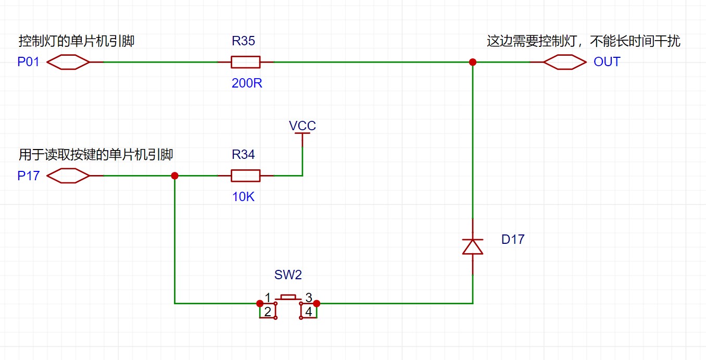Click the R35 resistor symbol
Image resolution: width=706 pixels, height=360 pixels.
245,62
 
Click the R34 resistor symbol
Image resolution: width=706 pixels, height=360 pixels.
245,176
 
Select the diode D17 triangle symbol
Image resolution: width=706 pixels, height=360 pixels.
473,246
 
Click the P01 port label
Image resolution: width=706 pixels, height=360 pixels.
29,62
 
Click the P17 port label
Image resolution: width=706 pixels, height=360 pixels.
29,176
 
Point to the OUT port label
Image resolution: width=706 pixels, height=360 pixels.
607,62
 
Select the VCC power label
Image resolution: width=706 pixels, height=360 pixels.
302,126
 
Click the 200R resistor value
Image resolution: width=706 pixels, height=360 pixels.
247,83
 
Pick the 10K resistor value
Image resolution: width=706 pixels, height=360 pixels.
243,197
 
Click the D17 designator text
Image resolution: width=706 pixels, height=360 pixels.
513,240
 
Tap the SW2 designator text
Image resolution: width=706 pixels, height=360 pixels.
288,275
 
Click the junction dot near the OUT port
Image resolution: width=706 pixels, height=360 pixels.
473,62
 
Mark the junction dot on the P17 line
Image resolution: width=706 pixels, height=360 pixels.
175,176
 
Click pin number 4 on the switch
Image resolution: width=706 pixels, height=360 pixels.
309,312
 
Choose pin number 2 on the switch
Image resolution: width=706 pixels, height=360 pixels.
267,312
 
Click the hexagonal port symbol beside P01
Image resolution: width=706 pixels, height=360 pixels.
68,62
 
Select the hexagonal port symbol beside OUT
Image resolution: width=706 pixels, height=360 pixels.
565,62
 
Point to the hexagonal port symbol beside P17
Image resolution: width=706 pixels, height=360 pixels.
68,176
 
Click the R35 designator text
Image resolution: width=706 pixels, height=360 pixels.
243,41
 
